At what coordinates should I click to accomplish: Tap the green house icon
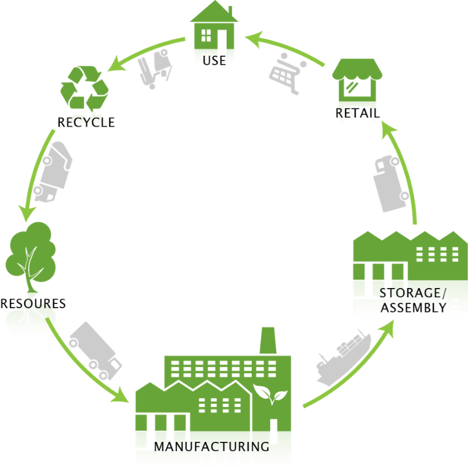click(x=214, y=28)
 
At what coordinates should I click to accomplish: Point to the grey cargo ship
click(x=342, y=359)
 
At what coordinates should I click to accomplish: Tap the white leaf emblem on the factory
click(x=270, y=393)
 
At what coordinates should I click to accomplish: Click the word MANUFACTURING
click(x=211, y=447)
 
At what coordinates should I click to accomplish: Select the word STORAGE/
click(x=410, y=293)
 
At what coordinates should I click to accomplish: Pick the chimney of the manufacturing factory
click(x=268, y=341)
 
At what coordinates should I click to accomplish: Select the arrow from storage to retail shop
click(x=407, y=172)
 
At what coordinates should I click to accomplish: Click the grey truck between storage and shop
click(x=389, y=183)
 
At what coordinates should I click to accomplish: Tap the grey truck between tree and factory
click(x=95, y=350)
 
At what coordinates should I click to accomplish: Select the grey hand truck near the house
click(x=154, y=69)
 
